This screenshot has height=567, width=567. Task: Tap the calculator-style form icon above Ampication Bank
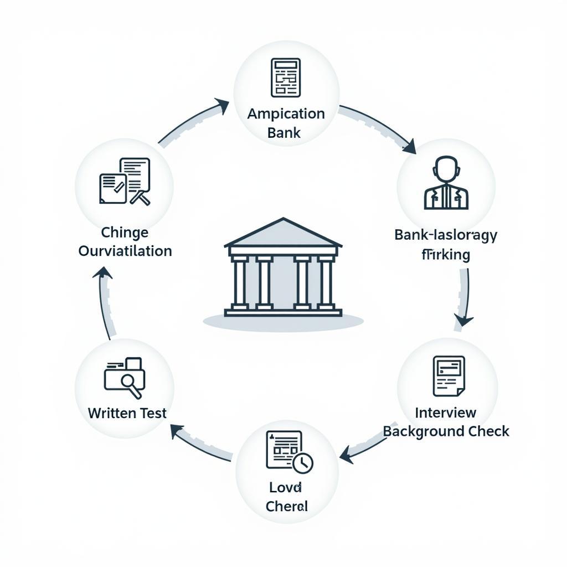click(285, 77)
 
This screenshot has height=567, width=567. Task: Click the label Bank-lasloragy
click(446, 235)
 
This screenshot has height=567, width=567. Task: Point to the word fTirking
click(446, 255)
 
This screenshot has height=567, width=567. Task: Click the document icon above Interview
click(448, 376)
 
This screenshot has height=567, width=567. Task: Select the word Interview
click(446, 413)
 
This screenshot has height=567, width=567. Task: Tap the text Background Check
click(446, 431)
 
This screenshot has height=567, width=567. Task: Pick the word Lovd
click(286, 487)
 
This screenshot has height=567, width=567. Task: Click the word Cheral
click(286, 506)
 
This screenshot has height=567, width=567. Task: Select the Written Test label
click(127, 413)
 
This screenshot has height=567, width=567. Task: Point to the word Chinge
click(125, 232)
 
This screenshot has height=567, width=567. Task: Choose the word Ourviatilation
click(125, 251)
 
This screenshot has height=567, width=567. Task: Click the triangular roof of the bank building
click(283, 234)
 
